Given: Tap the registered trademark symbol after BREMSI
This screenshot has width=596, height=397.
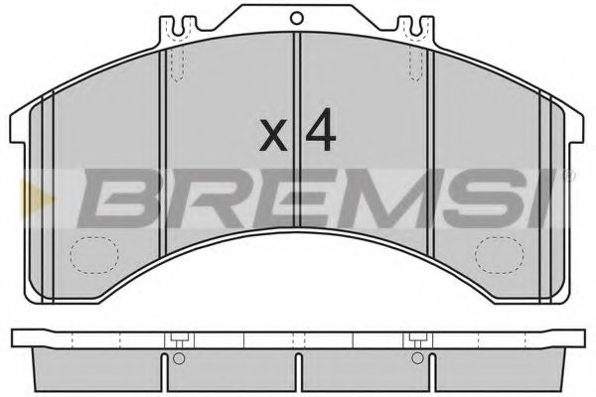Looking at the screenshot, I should [567, 177].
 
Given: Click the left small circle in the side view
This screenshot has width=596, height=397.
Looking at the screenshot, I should [180, 359].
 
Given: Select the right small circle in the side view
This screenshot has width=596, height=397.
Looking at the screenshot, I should [415, 359].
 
